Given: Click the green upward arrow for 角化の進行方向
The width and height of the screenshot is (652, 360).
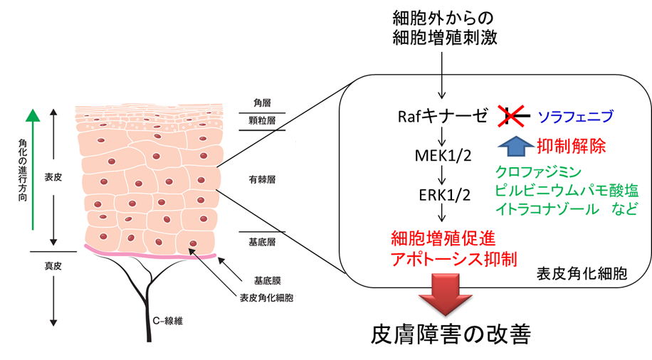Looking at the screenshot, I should (x=30, y=171).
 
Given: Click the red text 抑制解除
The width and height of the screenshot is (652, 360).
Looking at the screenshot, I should (x=572, y=147).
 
